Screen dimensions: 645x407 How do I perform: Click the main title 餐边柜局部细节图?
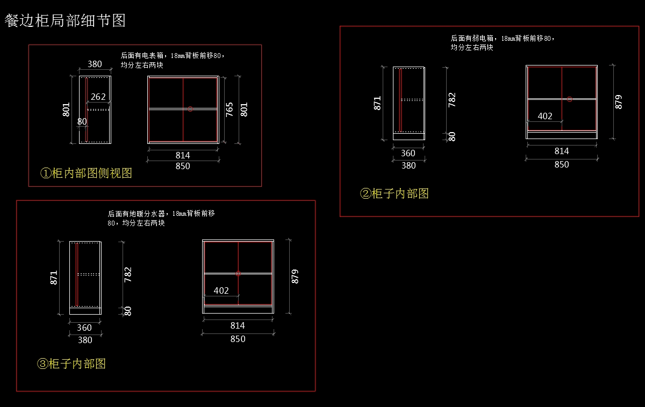click(65, 20)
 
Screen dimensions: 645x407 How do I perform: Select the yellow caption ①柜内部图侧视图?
click(86, 173)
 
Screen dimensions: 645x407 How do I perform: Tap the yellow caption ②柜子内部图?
click(394, 194)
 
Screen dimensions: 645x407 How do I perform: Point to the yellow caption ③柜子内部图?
click(71, 364)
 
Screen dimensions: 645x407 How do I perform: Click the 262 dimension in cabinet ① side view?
click(98, 97)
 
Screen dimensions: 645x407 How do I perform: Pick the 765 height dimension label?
click(230, 110)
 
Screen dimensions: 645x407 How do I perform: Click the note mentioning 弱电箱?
click(502, 43)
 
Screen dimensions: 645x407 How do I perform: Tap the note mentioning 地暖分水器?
click(161, 218)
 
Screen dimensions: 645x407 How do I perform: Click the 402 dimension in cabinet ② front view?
click(545, 116)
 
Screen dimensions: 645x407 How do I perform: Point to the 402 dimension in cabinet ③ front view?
click(221, 290)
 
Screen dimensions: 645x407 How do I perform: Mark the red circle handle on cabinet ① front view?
click(190, 109)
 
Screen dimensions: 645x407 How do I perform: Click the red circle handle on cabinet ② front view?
click(570, 99)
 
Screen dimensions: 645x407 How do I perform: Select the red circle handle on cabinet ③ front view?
click(238, 273)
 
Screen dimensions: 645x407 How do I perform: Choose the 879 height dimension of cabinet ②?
click(619, 102)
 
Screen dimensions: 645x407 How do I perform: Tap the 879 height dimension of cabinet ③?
click(295, 277)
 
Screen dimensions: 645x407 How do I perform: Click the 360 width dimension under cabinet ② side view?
click(408, 154)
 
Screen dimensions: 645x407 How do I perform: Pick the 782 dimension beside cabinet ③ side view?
click(128, 274)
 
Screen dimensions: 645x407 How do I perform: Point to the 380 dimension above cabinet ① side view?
click(95, 64)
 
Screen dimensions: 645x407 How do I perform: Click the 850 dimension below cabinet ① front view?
click(183, 166)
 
